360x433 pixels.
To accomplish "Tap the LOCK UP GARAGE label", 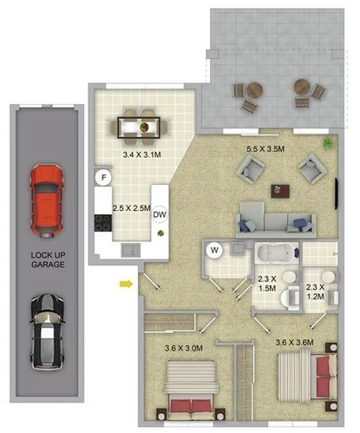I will (x=46, y=259).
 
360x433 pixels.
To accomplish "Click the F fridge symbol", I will (x=104, y=178).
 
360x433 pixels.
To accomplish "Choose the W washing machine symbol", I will (x=213, y=252).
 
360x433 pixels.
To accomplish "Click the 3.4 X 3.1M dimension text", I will (x=141, y=154).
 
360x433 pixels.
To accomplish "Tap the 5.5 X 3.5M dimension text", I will (x=266, y=149).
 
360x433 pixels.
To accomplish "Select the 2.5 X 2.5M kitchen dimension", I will (x=132, y=208).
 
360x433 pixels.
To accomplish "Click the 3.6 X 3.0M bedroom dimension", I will (x=184, y=349).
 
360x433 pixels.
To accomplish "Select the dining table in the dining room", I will (x=140, y=128).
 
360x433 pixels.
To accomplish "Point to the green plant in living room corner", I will (x=327, y=141).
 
